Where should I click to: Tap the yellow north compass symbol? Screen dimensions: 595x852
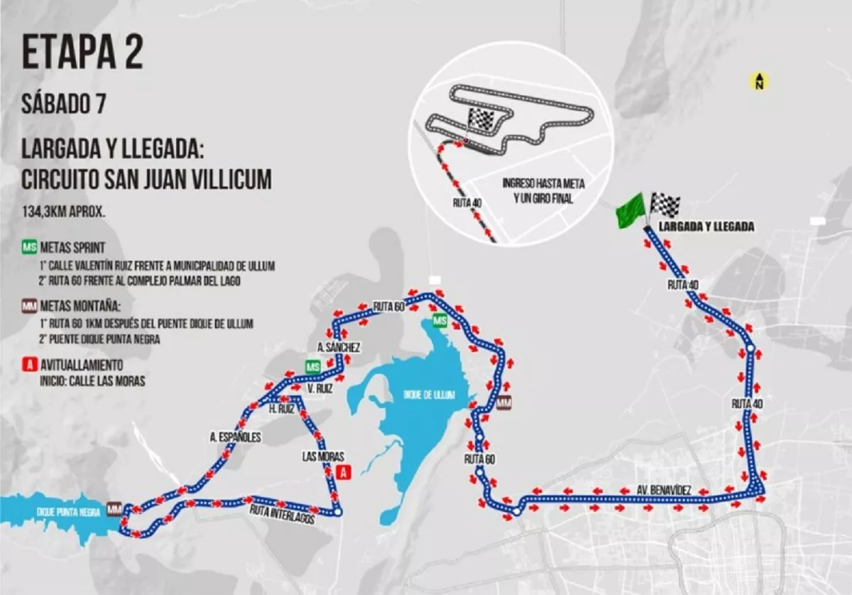[759, 82]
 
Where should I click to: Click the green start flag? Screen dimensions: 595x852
[631, 211]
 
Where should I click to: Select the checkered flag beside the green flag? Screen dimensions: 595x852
[665, 205]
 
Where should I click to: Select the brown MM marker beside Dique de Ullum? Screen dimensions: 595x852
[504, 403]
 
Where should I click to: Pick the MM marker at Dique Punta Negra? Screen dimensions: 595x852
[114, 509]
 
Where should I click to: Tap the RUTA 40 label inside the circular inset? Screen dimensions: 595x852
[467, 202]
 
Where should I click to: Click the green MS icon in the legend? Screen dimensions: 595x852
[29, 247]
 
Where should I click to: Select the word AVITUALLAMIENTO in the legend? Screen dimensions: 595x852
[82, 366]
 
